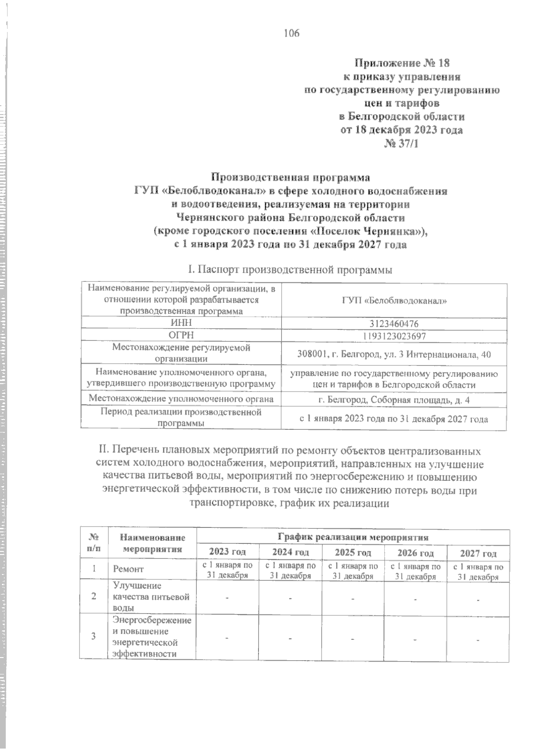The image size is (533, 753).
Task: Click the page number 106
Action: point(292,33)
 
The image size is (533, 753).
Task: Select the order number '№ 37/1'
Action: point(401,144)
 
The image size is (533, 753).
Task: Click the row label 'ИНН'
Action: point(181,324)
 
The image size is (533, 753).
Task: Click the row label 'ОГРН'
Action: point(181,336)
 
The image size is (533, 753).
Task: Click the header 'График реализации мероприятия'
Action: point(353,537)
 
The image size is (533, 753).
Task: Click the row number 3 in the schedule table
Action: point(94,636)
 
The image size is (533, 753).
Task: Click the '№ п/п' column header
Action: point(94,543)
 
